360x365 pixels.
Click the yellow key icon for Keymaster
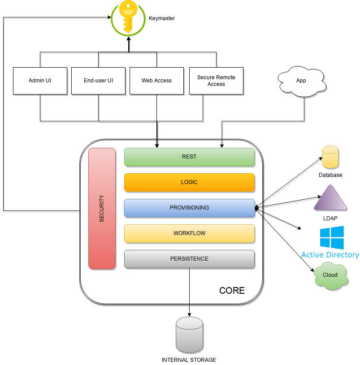pos(129,18)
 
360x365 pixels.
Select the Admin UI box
pos(40,81)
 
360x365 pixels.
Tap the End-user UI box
pos(98,81)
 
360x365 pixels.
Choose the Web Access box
pos(156,81)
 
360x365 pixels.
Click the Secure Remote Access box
pos(216,81)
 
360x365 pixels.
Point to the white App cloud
pos(301,81)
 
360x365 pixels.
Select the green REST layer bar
pos(189,157)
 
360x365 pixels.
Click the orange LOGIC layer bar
pos(189,183)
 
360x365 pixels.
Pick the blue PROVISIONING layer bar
pos(189,208)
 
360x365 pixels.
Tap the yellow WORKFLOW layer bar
pos(189,233)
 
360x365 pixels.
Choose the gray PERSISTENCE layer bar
pos(189,259)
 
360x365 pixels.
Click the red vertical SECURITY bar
pos(102,208)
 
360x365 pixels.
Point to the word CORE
pos(232,291)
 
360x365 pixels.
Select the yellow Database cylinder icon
pos(330,157)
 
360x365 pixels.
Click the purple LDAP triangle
pos(330,199)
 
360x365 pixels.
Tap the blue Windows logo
pos(332,237)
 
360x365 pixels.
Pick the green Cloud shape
pos(330,275)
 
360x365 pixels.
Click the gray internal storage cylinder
pos(189,335)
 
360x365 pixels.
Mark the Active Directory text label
pos(330,255)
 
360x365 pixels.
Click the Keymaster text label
pos(162,18)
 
